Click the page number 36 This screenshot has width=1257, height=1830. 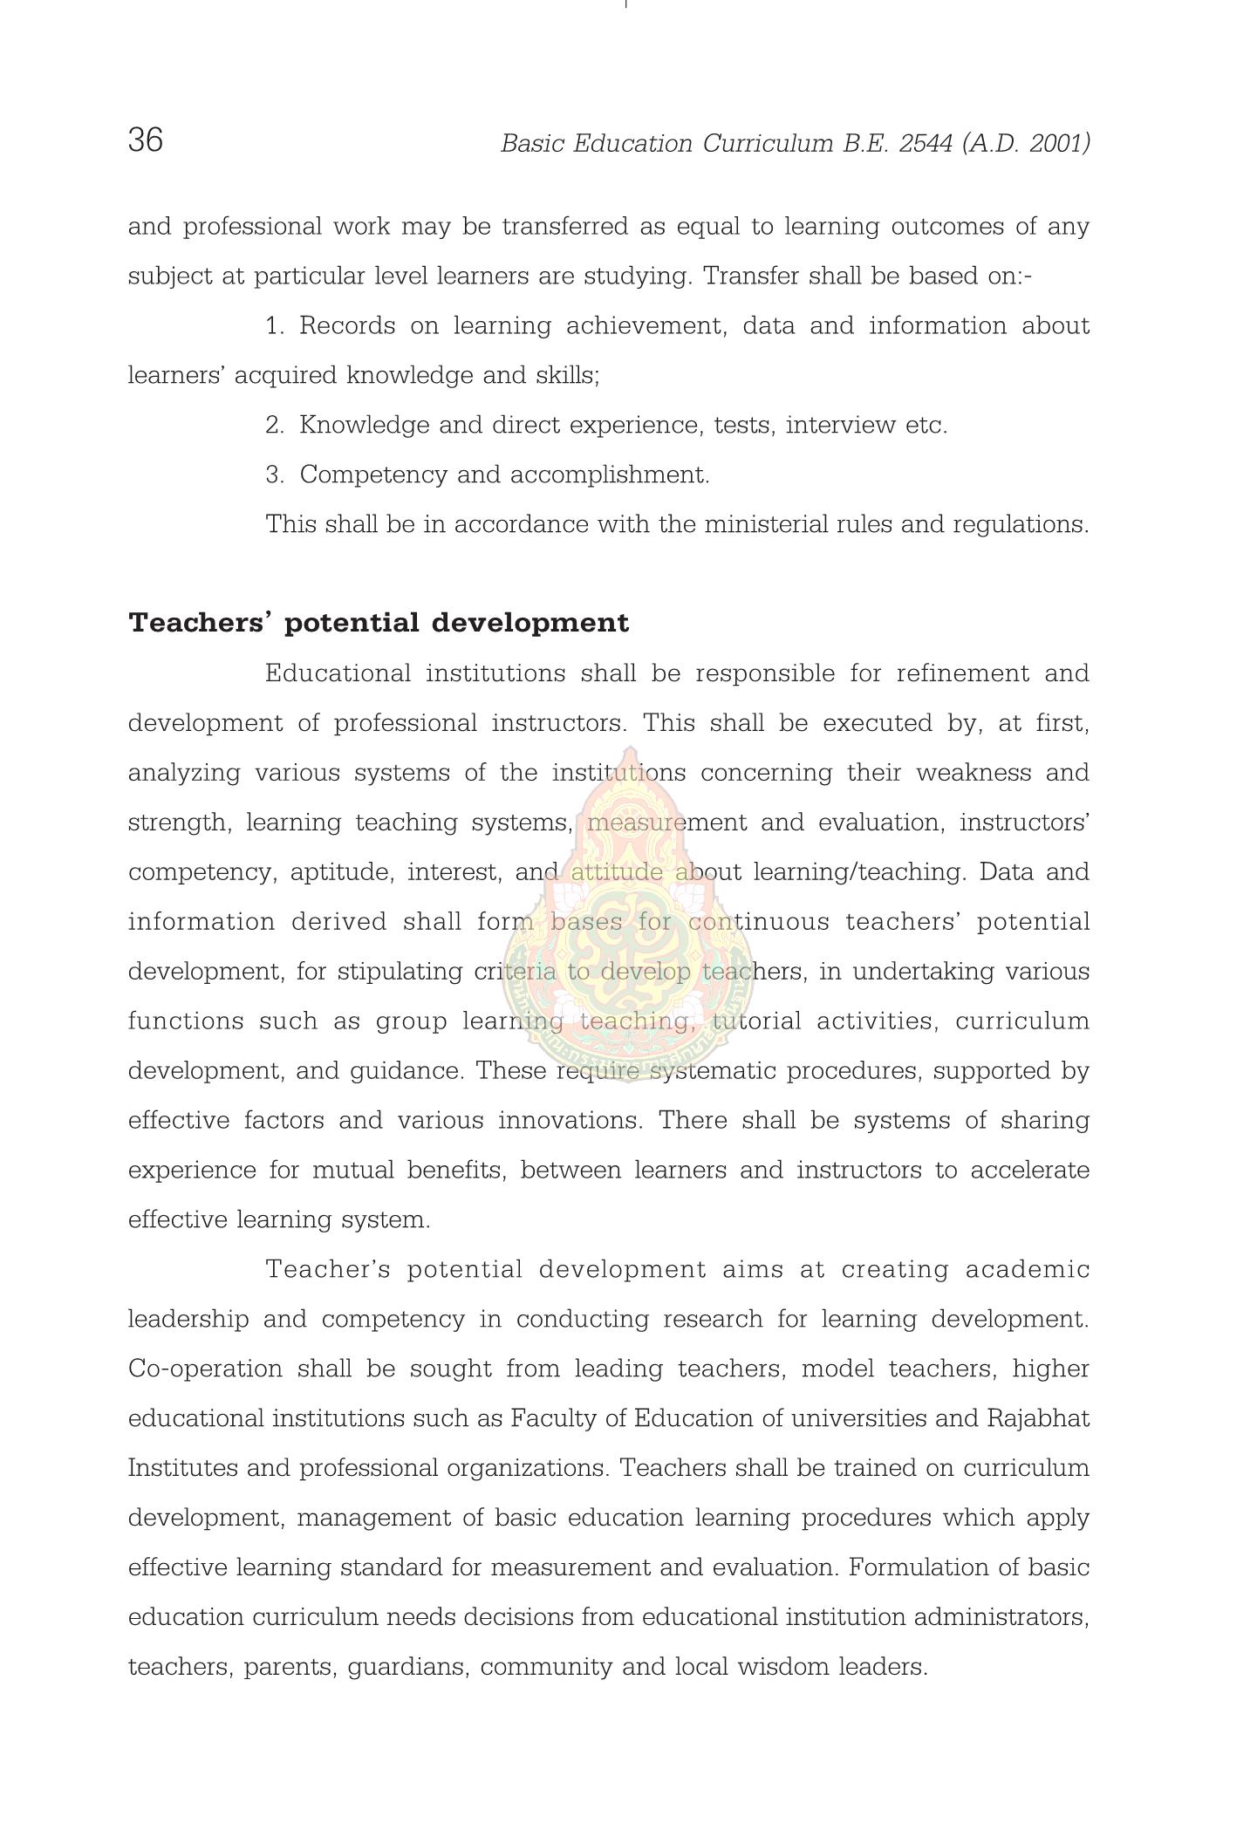[x=145, y=140]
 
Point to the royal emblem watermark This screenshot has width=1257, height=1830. [x=629, y=916]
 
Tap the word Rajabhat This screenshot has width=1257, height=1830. [x=1038, y=1419]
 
